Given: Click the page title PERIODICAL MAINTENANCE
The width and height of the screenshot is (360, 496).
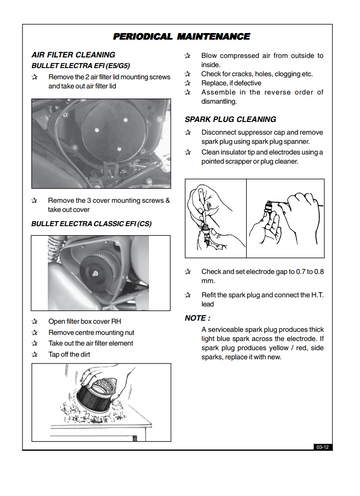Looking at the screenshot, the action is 182,36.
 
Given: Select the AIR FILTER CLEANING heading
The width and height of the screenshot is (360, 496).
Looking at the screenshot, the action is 73,55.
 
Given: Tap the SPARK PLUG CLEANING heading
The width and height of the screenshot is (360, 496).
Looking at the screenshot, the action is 230,119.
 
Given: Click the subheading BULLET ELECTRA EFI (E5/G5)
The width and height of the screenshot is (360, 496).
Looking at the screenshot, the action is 81,66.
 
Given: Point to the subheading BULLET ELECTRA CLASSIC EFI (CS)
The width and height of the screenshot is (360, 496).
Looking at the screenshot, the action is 91,223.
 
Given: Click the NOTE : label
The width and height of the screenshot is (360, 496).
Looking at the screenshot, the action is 197,318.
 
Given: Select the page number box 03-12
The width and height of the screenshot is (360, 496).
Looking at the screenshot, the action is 323,447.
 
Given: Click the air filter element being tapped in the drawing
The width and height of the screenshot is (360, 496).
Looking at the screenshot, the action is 97,395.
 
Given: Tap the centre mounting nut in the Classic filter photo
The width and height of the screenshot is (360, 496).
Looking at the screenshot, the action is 95,273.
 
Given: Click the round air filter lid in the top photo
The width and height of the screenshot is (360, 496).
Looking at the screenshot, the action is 113,129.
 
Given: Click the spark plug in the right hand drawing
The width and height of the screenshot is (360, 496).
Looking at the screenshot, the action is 268,207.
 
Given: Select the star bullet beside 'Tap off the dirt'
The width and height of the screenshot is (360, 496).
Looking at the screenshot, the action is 34,354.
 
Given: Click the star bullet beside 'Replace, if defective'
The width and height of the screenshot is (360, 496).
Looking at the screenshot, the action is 187,83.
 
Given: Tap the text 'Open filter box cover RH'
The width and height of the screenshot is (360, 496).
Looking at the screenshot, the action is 85,321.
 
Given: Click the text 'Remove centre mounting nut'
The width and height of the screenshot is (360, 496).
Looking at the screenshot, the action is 91,332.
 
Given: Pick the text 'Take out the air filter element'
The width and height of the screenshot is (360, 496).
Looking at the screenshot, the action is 91,343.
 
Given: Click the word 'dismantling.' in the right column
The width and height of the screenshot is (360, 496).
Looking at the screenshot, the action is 219,101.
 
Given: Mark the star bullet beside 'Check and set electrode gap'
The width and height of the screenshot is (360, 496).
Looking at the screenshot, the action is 188,272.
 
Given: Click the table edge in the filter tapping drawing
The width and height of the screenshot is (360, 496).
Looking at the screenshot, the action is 100,426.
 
